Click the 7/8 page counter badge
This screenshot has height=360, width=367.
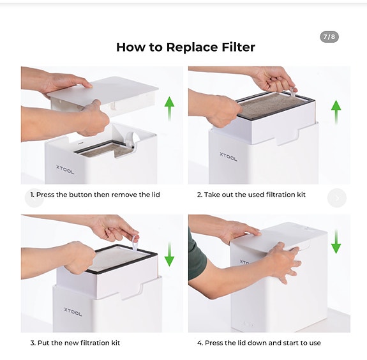click(329, 37)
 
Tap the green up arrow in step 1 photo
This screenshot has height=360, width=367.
click(169, 109)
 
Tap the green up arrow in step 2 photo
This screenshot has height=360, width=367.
click(336, 112)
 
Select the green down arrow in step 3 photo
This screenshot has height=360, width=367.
click(169, 254)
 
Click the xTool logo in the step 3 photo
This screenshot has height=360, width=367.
click(73, 312)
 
